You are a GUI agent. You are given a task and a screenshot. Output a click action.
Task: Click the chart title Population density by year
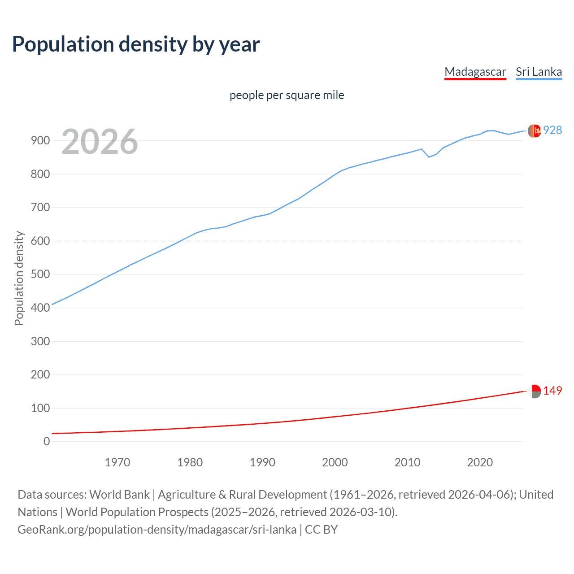136,44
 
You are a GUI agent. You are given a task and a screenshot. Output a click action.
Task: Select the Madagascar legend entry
475,72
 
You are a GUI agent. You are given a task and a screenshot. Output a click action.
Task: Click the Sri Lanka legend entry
539,72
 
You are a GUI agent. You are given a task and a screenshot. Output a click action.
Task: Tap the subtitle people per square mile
287,96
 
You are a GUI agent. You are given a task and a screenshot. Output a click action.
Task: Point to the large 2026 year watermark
100,142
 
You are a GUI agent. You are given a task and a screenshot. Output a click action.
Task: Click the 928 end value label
552,130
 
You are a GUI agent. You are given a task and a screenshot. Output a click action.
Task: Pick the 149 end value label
552,391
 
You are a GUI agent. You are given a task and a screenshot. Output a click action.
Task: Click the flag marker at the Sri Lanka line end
534,130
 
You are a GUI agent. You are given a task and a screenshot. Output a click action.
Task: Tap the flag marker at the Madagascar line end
534,391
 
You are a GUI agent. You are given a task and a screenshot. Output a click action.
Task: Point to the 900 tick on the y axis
40,141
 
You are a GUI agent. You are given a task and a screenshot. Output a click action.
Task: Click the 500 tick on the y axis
40,274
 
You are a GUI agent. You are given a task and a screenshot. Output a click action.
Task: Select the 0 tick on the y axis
47,441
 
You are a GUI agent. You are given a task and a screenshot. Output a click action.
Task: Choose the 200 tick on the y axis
40,374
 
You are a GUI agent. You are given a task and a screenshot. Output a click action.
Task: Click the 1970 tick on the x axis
117,462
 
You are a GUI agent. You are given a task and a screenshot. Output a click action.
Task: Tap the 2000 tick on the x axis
335,462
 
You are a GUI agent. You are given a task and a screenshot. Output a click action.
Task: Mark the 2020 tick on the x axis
480,462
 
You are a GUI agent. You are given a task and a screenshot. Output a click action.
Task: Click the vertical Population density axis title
19,278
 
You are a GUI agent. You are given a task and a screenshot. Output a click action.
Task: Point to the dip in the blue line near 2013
429,157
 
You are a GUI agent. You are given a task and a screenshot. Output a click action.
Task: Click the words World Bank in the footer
119,495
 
